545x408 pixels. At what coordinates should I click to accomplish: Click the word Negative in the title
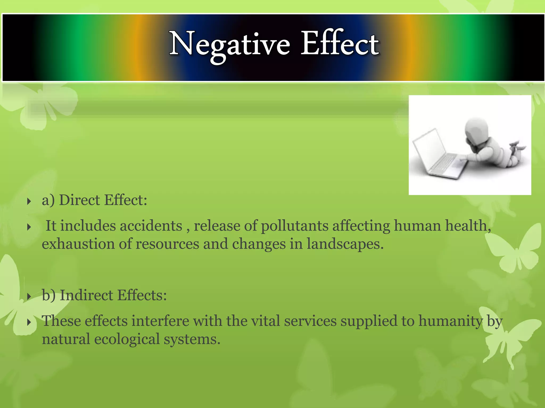tap(229, 44)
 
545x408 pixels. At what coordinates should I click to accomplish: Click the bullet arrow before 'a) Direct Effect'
tap(29, 201)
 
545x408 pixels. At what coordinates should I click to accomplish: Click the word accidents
tap(151, 226)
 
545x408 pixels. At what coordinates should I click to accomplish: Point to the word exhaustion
tap(78, 244)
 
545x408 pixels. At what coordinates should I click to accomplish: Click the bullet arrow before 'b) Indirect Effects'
tap(29, 296)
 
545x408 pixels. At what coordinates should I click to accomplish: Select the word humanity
tap(451, 321)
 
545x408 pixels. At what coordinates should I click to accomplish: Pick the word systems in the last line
tap(192, 339)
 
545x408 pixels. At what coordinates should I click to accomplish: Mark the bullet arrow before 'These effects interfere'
tap(29, 322)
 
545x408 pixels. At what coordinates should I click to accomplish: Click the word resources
tap(167, 244)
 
